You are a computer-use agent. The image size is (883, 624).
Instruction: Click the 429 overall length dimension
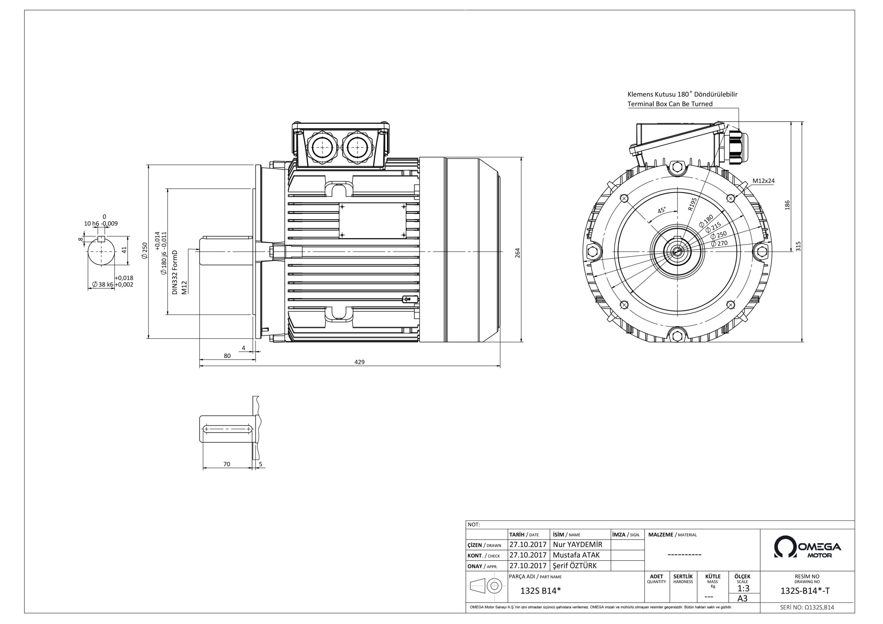tap(359, 362)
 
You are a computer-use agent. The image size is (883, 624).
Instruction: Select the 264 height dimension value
tap(517, 253)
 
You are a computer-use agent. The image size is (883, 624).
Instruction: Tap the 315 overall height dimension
tap(798, 246)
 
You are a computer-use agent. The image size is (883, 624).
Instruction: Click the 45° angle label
tap(662, 210)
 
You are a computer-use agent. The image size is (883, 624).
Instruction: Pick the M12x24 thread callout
tap(763, 181)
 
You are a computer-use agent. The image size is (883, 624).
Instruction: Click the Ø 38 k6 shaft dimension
tap(103, 284)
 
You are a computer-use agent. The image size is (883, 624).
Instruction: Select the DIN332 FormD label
tap(175, 272)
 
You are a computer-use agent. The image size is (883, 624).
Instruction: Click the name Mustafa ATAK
tap(576, 555)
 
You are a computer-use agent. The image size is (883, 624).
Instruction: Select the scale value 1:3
tap(743, 588)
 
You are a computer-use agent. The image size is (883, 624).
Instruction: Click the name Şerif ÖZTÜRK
tap(575, 565)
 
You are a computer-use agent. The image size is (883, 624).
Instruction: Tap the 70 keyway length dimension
tap(227, 464)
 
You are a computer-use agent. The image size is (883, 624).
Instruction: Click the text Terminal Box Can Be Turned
tap(670, 104)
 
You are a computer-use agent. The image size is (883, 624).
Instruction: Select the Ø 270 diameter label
tap(719, 243)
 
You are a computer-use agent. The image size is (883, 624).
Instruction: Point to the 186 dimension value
tap(787, 205)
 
